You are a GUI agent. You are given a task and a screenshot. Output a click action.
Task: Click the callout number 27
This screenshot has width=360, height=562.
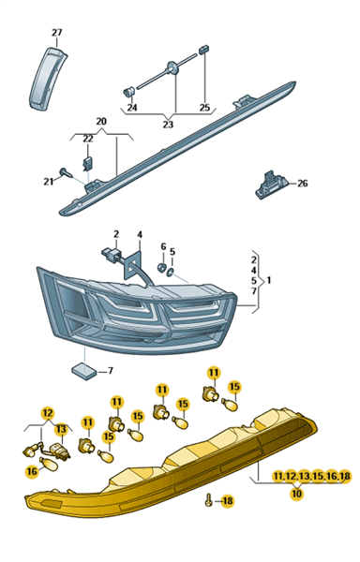(56, 33)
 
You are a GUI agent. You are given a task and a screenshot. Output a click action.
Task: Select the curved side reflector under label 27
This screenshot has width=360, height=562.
(47, 79)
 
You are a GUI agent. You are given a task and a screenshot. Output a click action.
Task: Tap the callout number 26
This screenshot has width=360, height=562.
(303, 184)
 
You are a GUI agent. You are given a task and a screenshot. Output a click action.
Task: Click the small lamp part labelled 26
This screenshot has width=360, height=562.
(272, 185)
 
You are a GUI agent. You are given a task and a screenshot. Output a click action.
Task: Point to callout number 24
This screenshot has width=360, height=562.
(132, 108)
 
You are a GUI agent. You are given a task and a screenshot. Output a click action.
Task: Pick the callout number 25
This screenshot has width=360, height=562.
(204, 108)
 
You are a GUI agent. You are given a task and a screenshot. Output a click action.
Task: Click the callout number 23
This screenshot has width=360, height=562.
(168, 125)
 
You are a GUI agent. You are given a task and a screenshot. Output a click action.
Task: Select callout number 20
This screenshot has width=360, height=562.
(101, 122)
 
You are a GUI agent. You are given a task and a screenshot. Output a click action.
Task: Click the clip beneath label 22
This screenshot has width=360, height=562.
(88, 163)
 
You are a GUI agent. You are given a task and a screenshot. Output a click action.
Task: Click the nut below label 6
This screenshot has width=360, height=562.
(161, 267)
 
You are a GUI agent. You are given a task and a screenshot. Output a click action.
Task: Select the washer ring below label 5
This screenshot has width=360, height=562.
(170, 274)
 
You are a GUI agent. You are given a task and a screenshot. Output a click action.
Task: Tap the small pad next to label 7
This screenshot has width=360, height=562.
(84, 371)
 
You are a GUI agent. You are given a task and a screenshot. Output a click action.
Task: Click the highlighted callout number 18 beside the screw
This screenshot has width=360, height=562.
(227, 501)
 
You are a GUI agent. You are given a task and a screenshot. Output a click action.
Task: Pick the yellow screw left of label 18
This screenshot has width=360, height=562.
(209, 500)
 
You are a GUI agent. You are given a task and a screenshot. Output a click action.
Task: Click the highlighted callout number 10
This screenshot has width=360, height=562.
(296, 494)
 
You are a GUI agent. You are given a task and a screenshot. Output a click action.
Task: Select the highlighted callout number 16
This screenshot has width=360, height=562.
(32, 471)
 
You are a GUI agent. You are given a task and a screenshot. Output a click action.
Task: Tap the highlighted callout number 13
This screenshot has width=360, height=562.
(61, 429)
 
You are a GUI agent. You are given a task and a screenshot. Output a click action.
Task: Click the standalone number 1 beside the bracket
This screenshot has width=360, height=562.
(269, 280)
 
